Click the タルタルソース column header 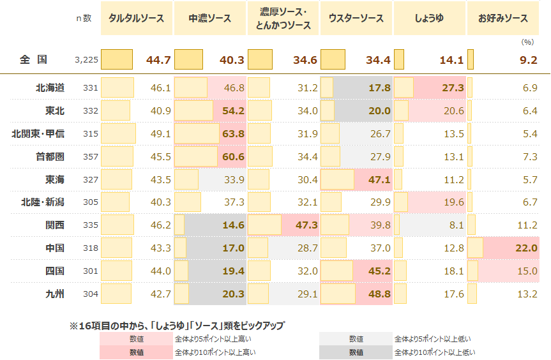(x=137, y=19)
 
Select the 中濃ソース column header (x=209, y=19)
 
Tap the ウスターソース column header (x=356, y=19)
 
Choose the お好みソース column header (x=503, y=19)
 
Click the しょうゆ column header (x=429, y=19)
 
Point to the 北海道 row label (x=50, y=87)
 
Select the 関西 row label (x=55, y=225)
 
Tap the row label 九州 (x=55, y=294)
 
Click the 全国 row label (x=33, y=60)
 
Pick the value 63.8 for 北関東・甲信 (x=233, y=133)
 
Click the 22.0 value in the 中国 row (x=526, y=248)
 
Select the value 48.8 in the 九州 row (x=379, y=294)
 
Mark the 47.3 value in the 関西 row (x=306, y=225)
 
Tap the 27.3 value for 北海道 (x=452, y=87)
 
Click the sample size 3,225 (x=86, y=60)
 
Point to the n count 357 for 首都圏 (x=91, y=156)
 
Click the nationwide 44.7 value (x=158, y=60)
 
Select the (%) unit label (x=527, y=42)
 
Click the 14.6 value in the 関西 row (x=233, y=225)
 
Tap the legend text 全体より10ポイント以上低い (x=435, y=352)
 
